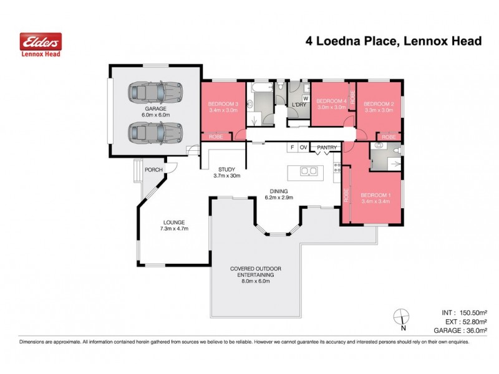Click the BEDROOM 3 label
point(223,103)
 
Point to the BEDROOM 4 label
point(331,101)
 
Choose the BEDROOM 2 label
point(379,103)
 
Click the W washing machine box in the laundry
point(306,98)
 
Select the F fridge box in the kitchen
point(291,148)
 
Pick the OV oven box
point(304,148)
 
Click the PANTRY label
point(327,148)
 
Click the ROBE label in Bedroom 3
point(216,137)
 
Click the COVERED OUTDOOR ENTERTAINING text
point(255,272)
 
